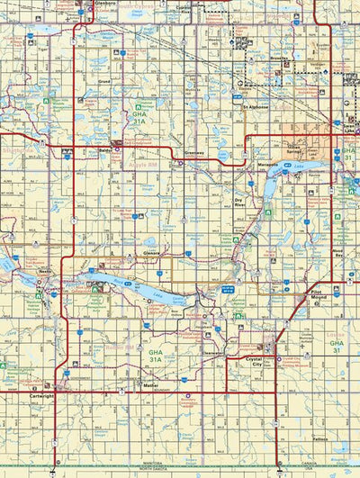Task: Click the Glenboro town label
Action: point(105,4)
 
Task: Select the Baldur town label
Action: point(106,150)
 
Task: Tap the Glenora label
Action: point(149,254)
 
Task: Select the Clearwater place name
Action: point(213,354)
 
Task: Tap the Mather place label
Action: point(150,384)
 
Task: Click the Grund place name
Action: point(104,81)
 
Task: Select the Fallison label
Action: point(319,439)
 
